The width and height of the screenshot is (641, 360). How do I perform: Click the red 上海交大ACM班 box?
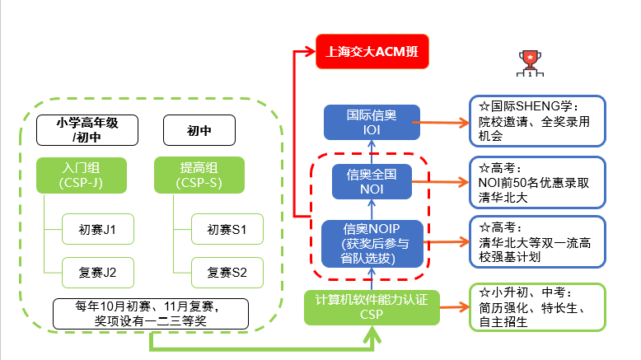coord(372,51)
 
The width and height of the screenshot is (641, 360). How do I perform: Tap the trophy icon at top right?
coord(527,60)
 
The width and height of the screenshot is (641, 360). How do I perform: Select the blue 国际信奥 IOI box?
coord(372,122)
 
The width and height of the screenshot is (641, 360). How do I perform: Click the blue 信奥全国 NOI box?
coord(371,181)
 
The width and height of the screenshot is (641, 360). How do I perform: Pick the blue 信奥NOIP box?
coord(371,242)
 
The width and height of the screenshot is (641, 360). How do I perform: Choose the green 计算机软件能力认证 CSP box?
coord(371,306)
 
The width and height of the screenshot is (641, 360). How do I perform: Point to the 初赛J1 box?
coord(97,228)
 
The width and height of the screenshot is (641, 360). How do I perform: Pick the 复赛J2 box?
coord(97,271)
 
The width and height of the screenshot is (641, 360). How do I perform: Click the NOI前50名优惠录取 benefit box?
coord(536,181)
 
